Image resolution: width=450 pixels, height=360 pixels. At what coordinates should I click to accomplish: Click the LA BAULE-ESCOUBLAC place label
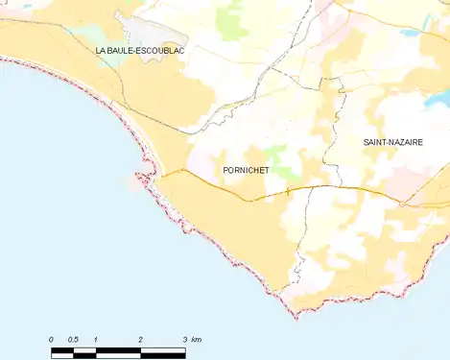coord(140,48)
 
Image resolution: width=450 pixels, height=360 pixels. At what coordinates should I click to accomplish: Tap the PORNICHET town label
coord(245,170)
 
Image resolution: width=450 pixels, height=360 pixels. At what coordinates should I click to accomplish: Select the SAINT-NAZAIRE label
coord(392,142)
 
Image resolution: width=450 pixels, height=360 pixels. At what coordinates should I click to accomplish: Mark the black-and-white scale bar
coord(118,351)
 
